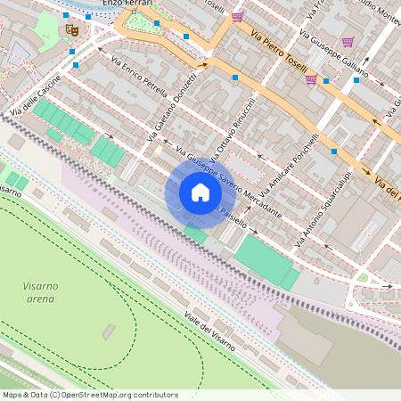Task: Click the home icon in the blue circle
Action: (x=200, y=192)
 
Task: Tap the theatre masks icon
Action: (x=72, y=29)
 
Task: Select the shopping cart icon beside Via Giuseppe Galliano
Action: (x=347, y=41)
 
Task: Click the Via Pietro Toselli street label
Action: (x=279, y=53)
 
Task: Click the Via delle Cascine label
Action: (x=36, y=98)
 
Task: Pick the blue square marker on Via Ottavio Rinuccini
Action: (x=235, y=78)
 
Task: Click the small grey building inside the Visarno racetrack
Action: (x=108, y=331)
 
